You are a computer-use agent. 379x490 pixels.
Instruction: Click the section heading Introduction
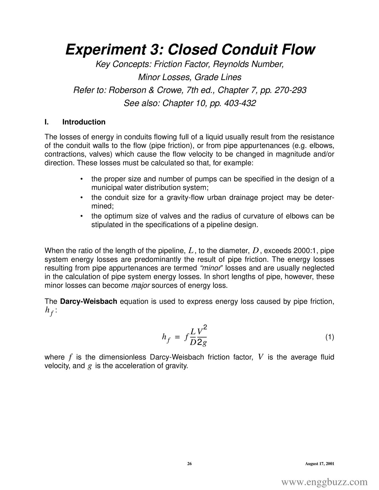tap(84, 122)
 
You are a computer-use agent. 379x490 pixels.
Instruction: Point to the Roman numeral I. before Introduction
tap(46, 122)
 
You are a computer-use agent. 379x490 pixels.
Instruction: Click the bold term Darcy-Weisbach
tap(89, 301)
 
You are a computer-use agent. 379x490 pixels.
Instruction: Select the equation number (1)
tap(329, 337)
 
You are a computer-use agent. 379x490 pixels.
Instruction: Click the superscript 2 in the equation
tap(205, 327)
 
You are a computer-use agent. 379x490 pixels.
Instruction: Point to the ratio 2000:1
tap(307, 251)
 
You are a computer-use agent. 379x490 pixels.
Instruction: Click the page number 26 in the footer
tap(189, 464)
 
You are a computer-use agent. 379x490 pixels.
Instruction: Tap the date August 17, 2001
tap(320, 464)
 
